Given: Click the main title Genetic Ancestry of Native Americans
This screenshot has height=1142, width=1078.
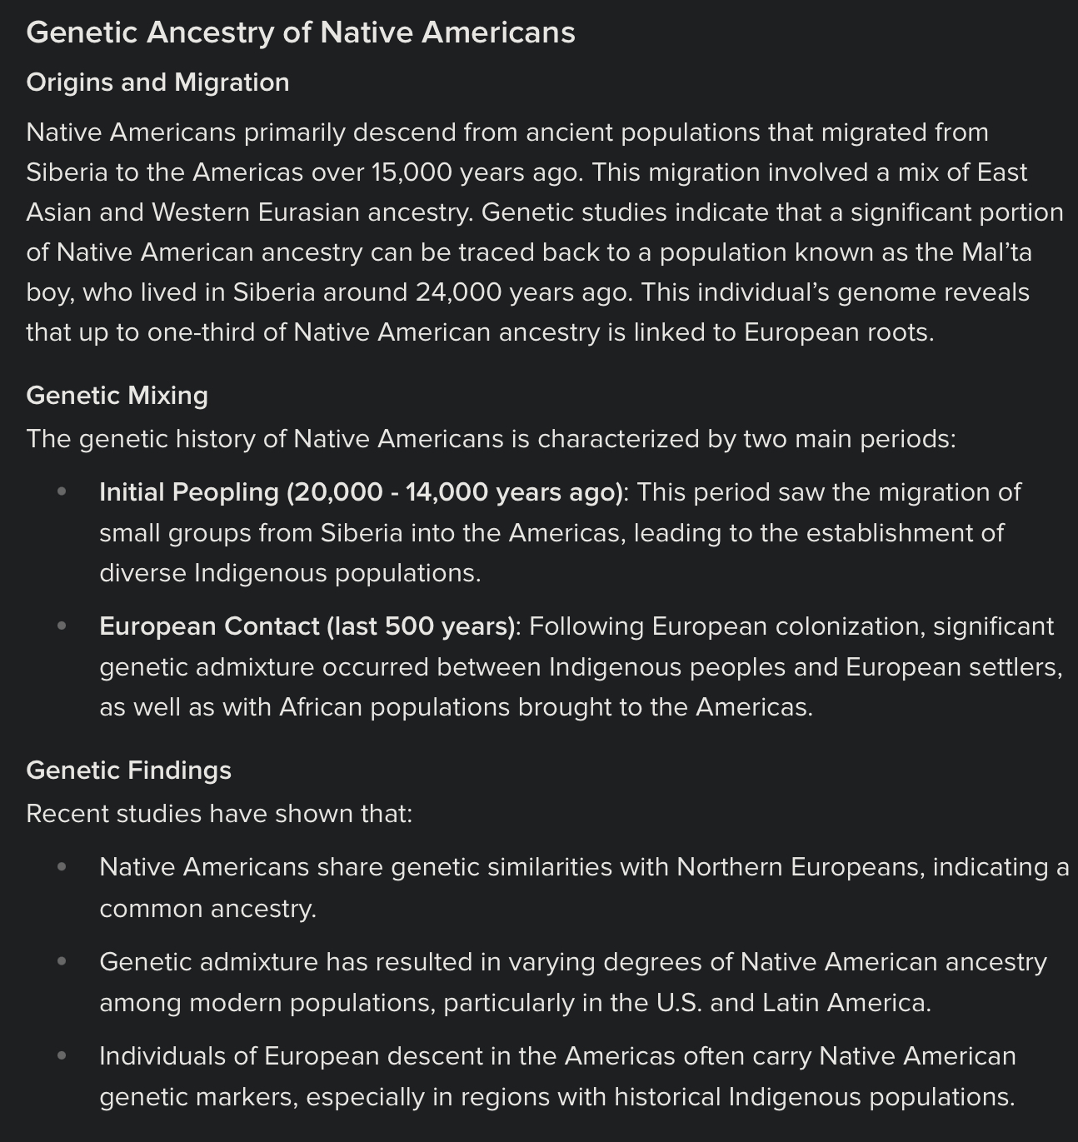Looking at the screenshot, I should (x=300, y=33).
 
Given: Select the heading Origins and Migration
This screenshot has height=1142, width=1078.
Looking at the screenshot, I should (x=157, y=82).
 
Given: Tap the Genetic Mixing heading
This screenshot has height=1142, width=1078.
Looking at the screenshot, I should (x=117, y=395).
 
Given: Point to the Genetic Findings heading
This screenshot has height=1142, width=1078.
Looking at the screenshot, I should (x=128, y=770).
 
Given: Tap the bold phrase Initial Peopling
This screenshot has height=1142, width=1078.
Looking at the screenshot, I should (x=188, y=492).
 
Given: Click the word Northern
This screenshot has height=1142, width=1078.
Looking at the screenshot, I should (x=729, y=867).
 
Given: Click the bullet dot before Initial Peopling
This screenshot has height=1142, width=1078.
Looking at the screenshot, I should (x=62, y=492).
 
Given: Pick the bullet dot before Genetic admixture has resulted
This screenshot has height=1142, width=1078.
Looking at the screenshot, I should (x=62, y=961).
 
